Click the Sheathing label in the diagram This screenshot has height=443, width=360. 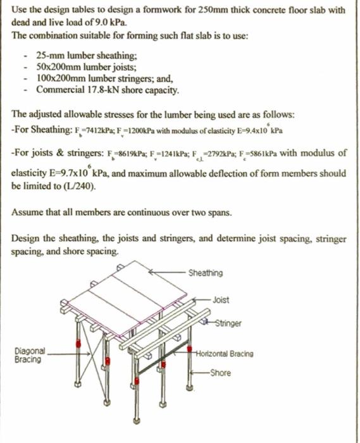(x=206, y=273)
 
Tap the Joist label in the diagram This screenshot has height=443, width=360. (x=221, y=299)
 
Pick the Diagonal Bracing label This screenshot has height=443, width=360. (x=30, y=354)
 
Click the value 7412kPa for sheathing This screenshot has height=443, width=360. (x=91, y=131)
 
